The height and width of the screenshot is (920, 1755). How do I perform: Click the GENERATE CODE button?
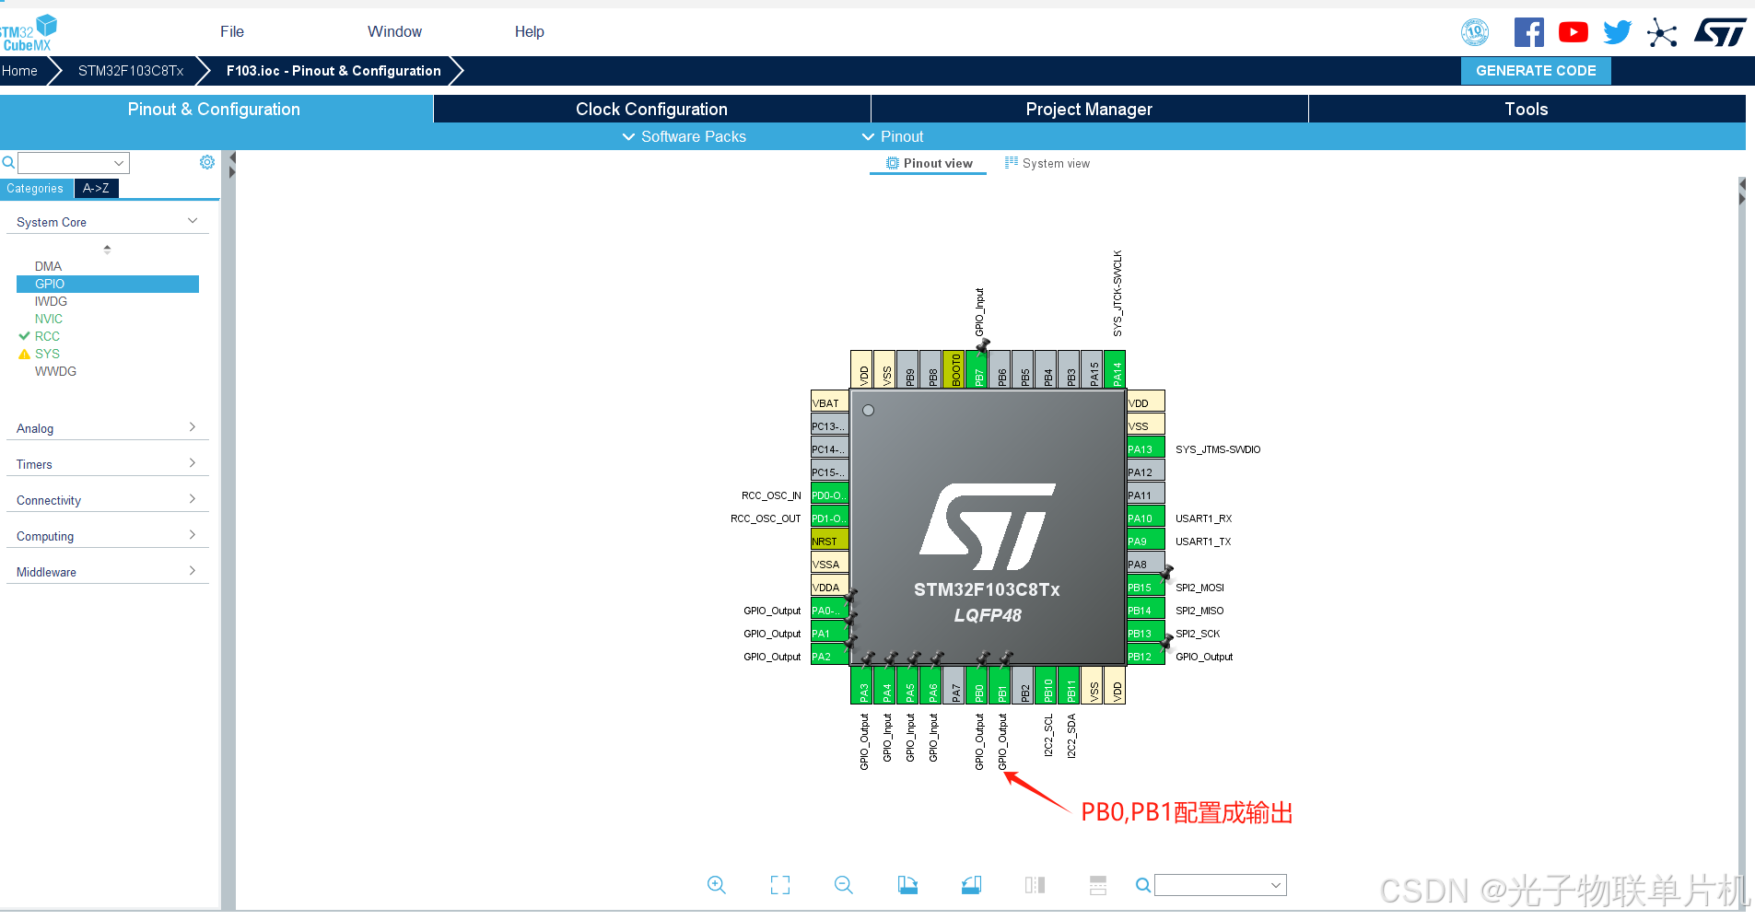pyautogui.click(x=1535, y=71)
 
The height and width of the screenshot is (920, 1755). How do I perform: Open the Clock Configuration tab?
pyautogui.click(x=651, y=109)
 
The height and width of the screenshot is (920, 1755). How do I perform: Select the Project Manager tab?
pyautogui.click(x=1088, y=109)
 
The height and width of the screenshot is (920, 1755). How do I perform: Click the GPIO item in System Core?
pyautogui.click(x=50, y=284)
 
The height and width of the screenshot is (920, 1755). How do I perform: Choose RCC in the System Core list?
pyautogui.click(x=47, y=336)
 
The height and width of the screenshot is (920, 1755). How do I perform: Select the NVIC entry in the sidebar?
pyautogui.click(x=49, y=319)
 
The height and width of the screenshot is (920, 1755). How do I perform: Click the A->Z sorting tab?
pyautogui.click(x=96, y=188)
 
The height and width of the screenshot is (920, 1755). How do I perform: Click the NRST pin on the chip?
pyautogui.click(x=829, y=542)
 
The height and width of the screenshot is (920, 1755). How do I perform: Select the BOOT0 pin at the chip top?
pyautogui.click(x=955, y=369)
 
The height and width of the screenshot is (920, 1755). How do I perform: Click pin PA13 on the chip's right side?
pyautogui.click(x=1145, y=449)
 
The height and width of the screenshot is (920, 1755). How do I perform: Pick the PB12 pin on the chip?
pyautogui.click(x=1145, y=657)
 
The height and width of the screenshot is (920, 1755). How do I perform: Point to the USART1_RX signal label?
pyautogui.click(x=1203, y=518)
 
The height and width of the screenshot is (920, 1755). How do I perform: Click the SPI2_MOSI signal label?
pyautogui.click(x=1199, y=588)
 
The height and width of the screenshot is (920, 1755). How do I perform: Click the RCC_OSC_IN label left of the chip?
pyautogui.click(x=771, y=495)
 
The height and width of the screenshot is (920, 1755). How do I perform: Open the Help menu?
pyautogui.click(x=529, y=31)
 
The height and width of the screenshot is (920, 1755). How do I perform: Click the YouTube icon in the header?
pyautogui.click(x=1573, y=32)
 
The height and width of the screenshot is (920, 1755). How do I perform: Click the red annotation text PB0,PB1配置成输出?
pyautogui.click(x=1187, y=812)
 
